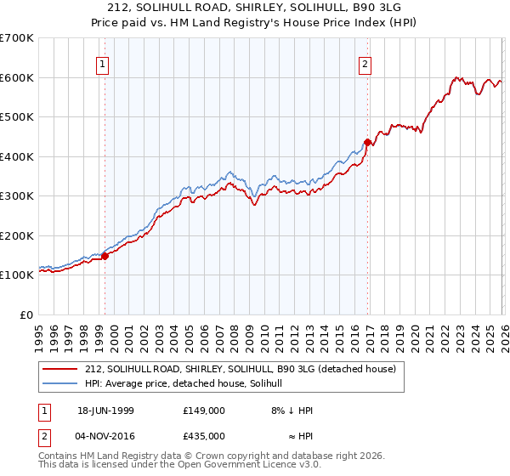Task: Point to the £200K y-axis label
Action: click(17, 235)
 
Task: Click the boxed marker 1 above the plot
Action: click(103, 64)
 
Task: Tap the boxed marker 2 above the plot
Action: click(365, 64)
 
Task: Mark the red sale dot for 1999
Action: click(105, 255)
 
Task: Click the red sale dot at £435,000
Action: click(366, 142)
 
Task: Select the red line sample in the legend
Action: click(61, 370)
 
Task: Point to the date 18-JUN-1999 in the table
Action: click(105, 411)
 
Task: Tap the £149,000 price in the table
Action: click(203, 411)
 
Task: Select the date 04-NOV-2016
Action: click(105, 435)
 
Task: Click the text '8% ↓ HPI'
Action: click(292, 411)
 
